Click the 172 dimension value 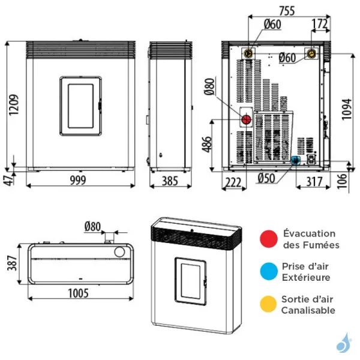click(x=320, y=25)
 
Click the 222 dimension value click(x=233, y=182)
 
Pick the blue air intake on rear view click(x=295, y=160)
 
